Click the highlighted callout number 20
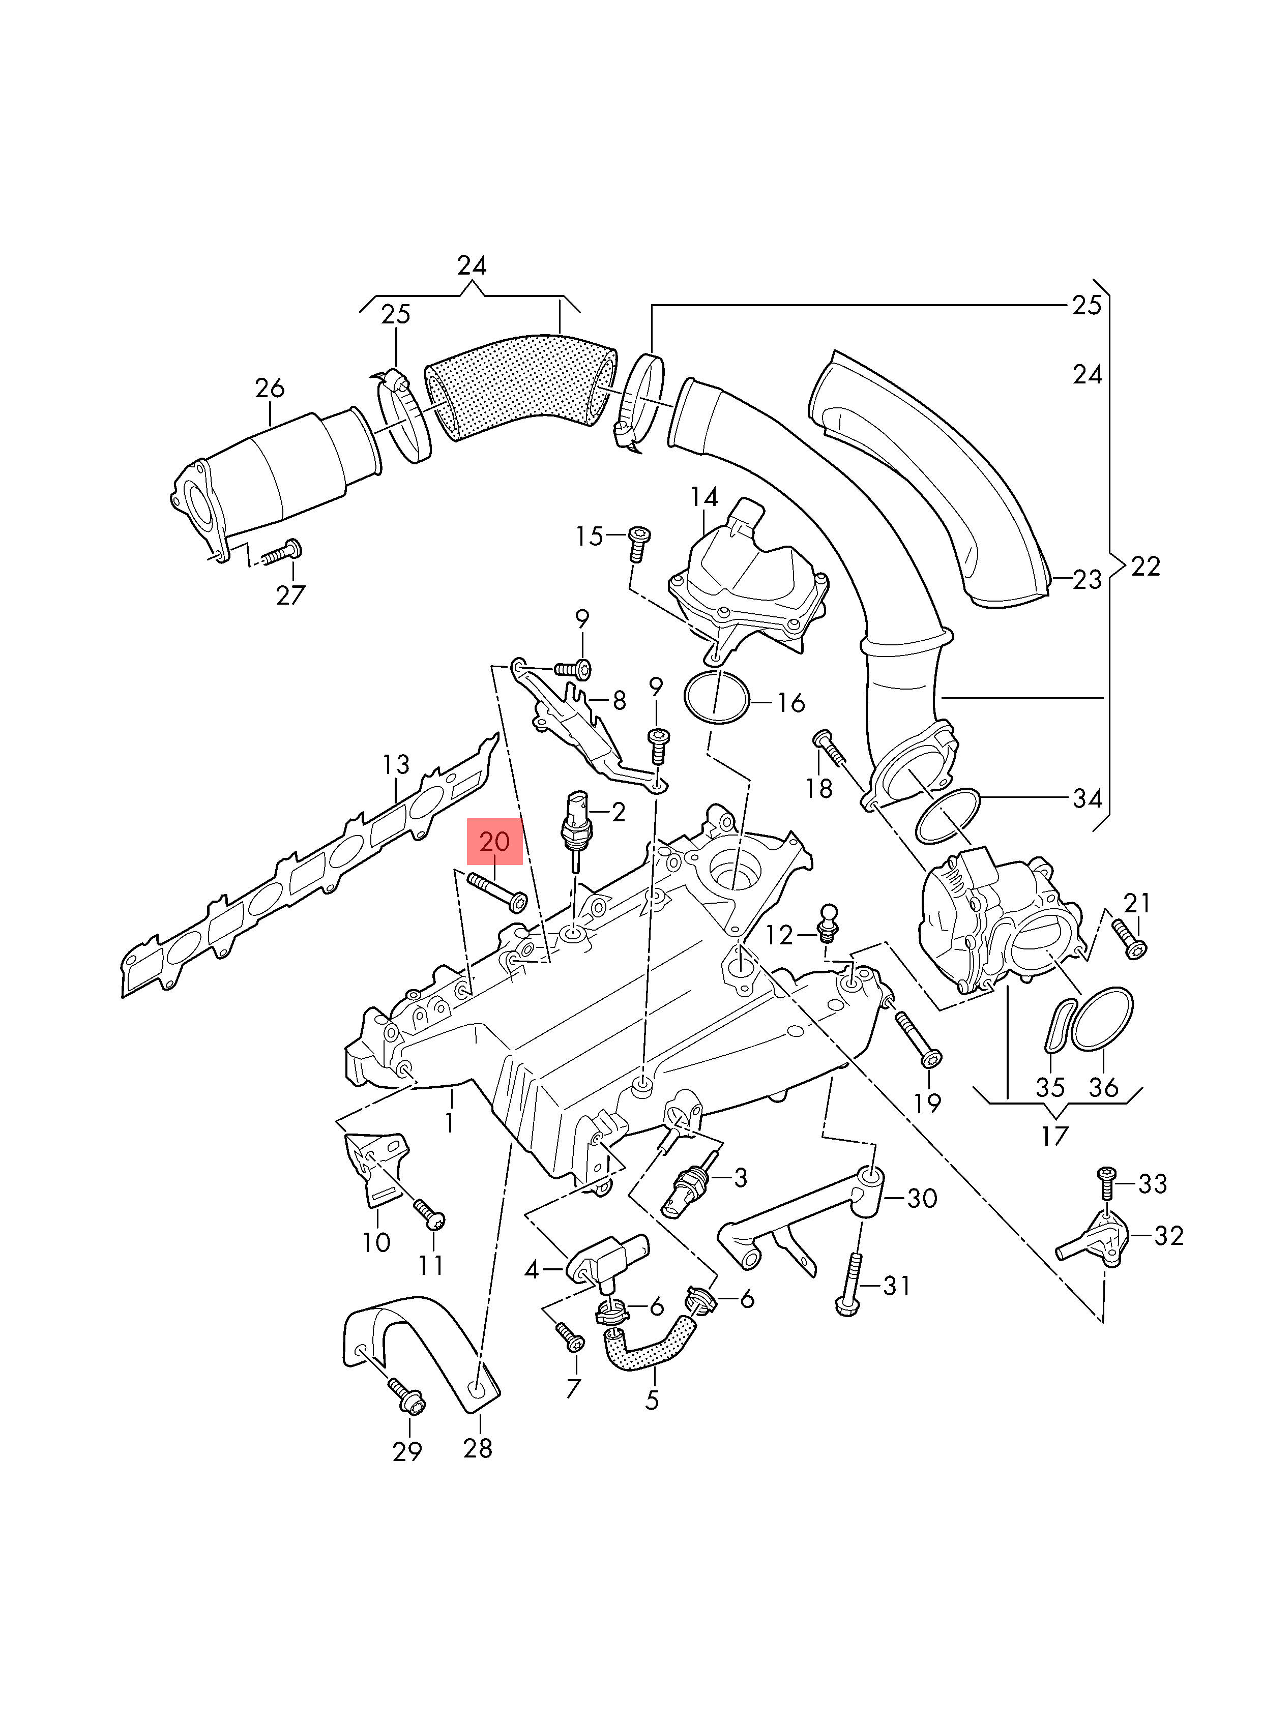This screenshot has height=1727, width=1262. click(494, 841)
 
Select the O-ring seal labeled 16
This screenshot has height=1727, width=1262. click(717, 697)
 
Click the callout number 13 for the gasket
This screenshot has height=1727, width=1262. click(396, 764)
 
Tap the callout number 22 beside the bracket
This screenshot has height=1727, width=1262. click(1145, 566)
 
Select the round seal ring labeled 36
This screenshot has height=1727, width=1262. click(1102, 1020)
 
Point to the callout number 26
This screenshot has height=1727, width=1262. click(270, 388)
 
